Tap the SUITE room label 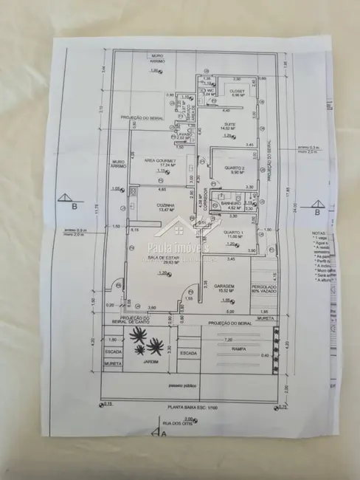pos(230,123)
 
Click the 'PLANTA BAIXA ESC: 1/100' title pos(191,408)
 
